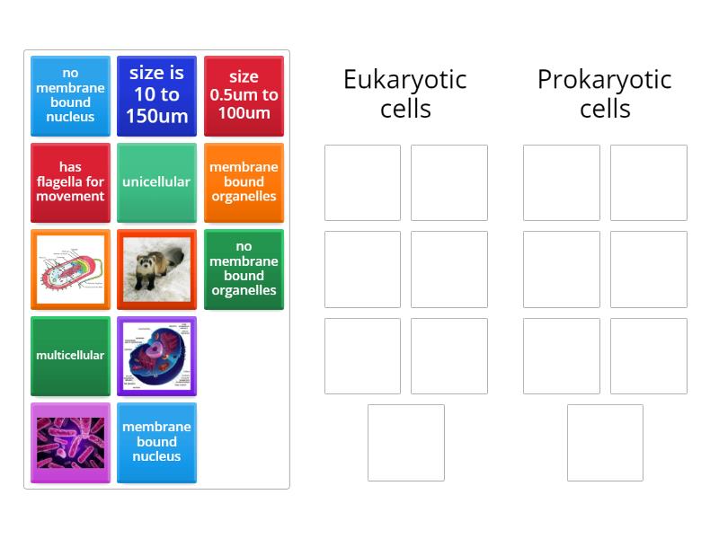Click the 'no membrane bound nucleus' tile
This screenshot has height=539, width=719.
[x=70, y=95]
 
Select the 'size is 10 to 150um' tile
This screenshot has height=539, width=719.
[x=156, y=95]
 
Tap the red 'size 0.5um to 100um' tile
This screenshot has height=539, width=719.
[x=244, y=95]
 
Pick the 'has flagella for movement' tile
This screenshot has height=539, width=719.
[x=70, y=181]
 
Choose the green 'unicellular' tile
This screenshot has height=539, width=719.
[x=156, y=181]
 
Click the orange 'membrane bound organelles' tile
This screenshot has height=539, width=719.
[x=244, y=181]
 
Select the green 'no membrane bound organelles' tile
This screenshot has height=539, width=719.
[x=244, y=268]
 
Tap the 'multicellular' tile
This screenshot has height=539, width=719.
[x=70, y=355]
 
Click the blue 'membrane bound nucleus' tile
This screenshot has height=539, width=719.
[x=156, y=442]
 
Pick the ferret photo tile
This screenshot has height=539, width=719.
[x=156, y=268]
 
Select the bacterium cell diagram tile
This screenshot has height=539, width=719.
[x=70, y=268]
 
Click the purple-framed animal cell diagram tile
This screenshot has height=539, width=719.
[x=156, y=355]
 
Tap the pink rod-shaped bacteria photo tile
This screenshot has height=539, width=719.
[x=70, y=442]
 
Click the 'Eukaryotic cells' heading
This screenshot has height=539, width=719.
[x=405, y=93]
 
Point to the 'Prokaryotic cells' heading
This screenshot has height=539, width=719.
[x=604, y=93]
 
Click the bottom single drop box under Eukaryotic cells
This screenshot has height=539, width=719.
[x=405, y=442]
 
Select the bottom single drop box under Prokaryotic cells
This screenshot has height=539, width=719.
[x=605, y=442]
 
